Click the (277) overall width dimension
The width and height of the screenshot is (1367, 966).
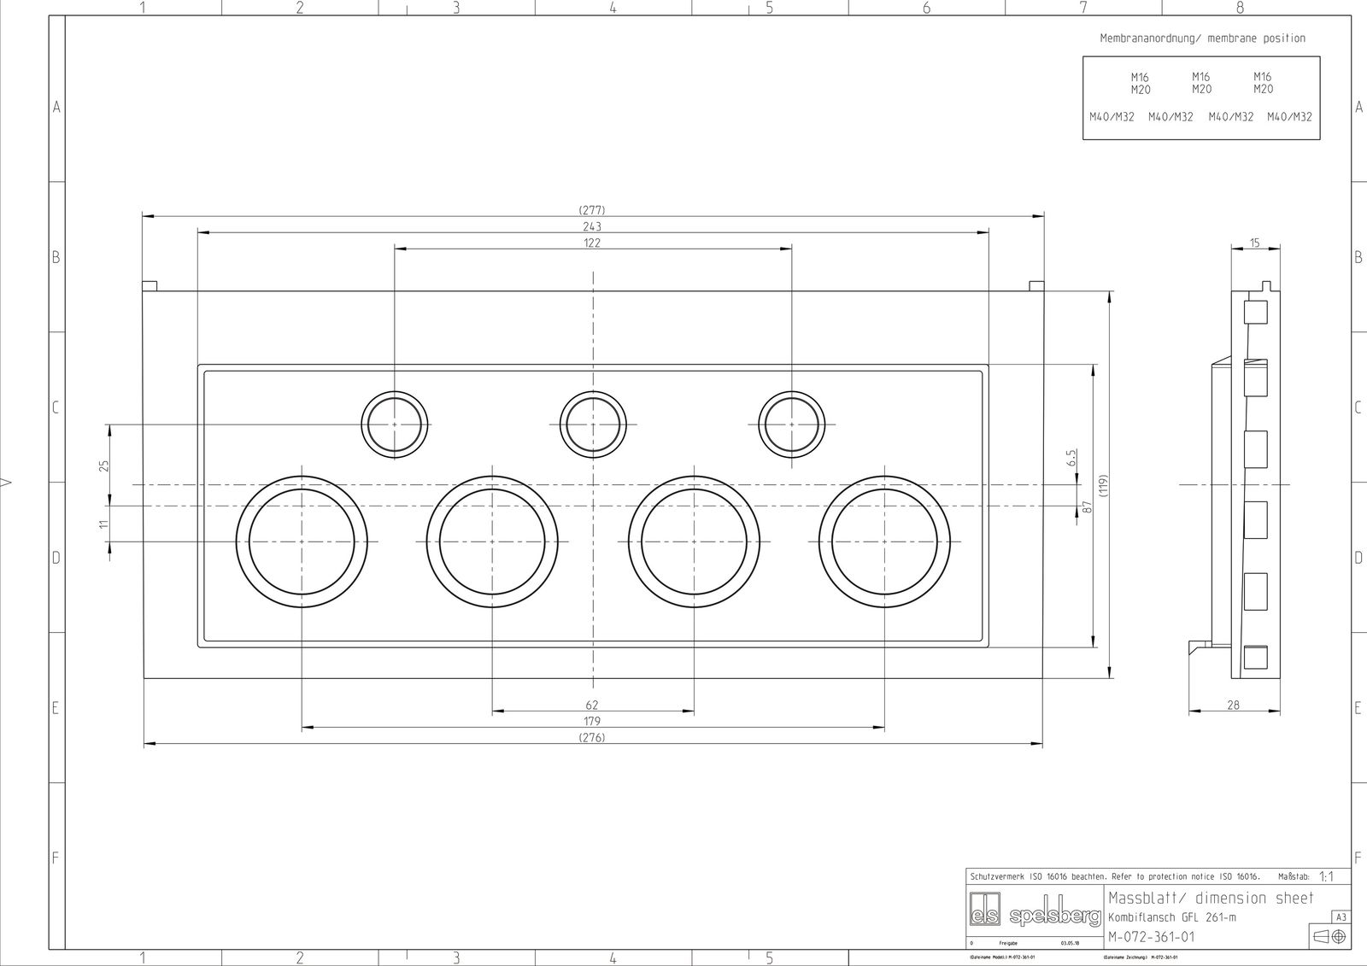pos(592,210)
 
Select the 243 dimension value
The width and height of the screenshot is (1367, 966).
pos(592,226)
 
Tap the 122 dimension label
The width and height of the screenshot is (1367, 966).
pos(592,243)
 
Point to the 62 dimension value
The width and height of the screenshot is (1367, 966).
pos(592,705)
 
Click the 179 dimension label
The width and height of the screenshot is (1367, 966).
pos(592,722)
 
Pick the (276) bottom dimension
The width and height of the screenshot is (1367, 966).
pos(592,738)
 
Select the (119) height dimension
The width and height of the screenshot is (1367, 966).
pos(1103,485)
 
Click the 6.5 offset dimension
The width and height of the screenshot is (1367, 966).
pos(1071,459)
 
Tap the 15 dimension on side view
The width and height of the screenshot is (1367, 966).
pos(1254,243)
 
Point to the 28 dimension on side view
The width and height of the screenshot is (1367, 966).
pos(1233,705)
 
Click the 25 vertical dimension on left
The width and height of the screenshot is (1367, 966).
pos(104,465)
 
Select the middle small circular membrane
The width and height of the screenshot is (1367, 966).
pos(593,424)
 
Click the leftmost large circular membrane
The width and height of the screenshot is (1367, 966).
pos(302,542)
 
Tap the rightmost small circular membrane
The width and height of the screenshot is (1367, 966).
pos(792,424)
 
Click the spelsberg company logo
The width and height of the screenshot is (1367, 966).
pos(1035,916)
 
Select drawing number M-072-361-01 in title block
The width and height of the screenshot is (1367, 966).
pos(1151,937)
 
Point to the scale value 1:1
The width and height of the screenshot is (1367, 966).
pos(1327,876)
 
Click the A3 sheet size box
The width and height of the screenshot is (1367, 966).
pos(1341,917)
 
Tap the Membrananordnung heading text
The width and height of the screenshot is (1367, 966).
pos(1201,38)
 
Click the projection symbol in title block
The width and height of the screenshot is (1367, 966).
pos(1329,937)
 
